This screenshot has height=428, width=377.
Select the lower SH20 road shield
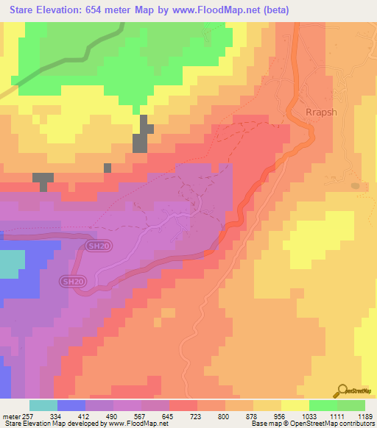[x=71, y=281]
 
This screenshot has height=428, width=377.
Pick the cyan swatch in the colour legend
[x=43, y=405]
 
